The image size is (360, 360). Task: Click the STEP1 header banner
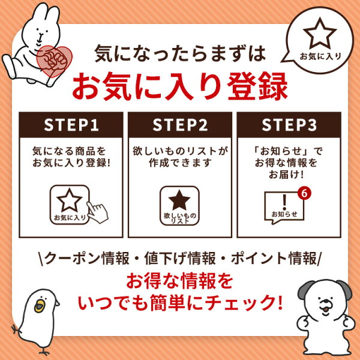click(x=71, y=125)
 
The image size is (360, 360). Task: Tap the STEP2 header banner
click(x=179, y=125)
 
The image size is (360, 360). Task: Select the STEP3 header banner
click(x=289, y=125)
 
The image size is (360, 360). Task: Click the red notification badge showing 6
click(x=304, y=194)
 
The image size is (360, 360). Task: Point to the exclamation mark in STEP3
click(x=285, y=199)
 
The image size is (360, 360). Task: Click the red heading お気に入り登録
click(x=179, y=86)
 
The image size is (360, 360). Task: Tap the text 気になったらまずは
click(x=179, y=55)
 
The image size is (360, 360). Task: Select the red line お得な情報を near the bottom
click(x=179, y=279)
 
